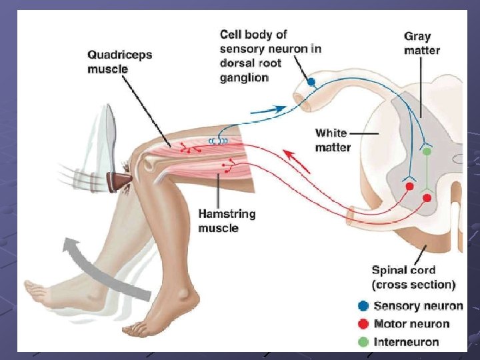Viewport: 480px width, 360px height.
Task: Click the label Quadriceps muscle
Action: pyautogui.click(x=120, y=61)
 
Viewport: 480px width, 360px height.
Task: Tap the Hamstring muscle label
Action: pyautogui.click(x=227, y=221)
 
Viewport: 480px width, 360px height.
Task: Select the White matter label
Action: pyautogui.click(x=332, y=140)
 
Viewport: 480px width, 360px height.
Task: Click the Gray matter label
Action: pyautogui.click(x=422, y=43)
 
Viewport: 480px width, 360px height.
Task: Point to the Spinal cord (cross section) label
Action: pyautogui.click(x=413, y=277)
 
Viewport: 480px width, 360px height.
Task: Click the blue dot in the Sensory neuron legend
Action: pyautogui.click(x=363, y=306)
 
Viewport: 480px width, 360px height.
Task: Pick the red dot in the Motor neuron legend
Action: pyautogui.click(x=363, y=324)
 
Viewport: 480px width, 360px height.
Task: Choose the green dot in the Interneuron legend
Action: pyautogui.click(x=363, y=342)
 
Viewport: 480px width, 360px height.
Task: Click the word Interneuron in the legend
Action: pyautogui.click(x=407, y=342)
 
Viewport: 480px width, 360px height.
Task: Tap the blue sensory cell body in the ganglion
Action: pyautogui.click(x=311, y=82)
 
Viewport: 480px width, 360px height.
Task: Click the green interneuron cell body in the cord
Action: pyautogui.click(x=427, y=152)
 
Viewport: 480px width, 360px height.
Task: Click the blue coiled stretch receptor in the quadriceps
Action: pyautogui.click(x=217, y=141)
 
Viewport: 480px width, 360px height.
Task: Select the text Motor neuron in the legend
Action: pyautogui.click(x=411, y=324)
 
